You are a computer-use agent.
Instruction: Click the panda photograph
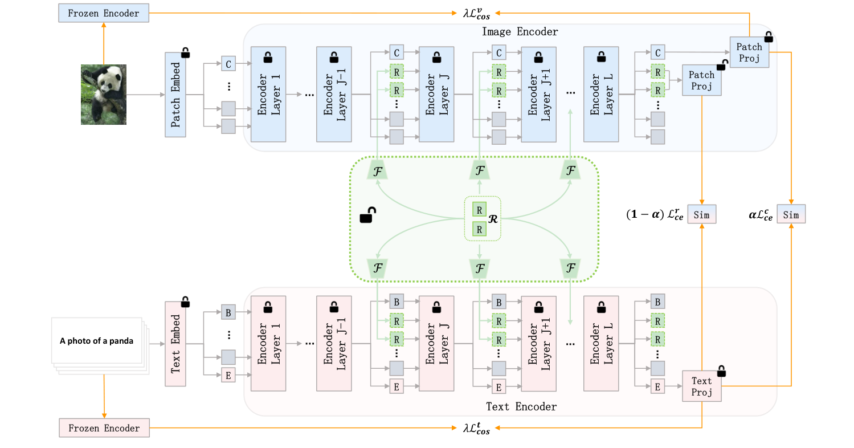(103, 94)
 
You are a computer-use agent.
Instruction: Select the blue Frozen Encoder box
(103, 13)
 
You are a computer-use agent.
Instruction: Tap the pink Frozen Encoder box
(104, 427)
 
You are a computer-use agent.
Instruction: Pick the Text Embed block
(176, 344)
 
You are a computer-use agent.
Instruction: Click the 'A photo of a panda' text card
(97, 341)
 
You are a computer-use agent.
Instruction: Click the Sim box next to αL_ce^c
(791, 215)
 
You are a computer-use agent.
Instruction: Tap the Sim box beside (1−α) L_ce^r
(701, 215)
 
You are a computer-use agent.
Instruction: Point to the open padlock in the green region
(367, 216)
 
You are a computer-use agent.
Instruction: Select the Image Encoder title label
(520, 32)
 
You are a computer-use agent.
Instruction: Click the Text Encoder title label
(521, 406)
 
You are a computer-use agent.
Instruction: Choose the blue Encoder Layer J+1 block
(538, 95)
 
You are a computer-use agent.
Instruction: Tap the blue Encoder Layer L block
(601, 95)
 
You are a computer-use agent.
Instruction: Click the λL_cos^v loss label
(477, 12)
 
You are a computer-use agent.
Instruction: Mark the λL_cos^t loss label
(477, 428)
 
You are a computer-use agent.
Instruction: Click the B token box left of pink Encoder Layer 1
(228, 312)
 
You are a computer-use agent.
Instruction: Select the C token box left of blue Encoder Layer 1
(228, 64)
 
